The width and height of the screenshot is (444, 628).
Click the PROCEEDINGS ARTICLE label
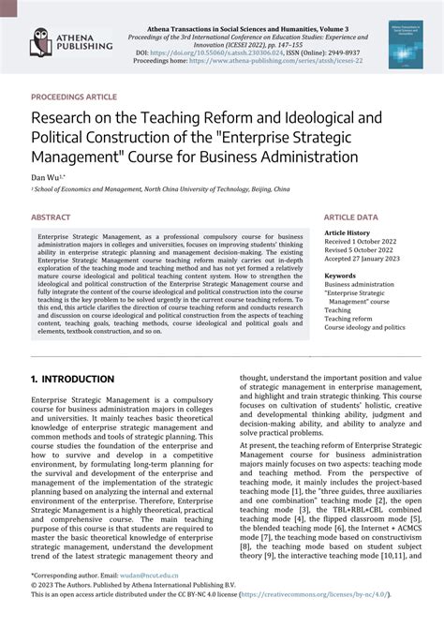click(x=74, y=97)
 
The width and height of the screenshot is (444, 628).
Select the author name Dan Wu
click(x=46, y=175)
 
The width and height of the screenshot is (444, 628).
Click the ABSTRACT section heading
click(x=51, y=217)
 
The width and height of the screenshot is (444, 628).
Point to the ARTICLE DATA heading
click(x=351, y=217)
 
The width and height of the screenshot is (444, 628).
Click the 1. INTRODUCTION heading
click(x=72, y=380)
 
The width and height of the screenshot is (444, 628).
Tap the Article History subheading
click(x=347, y=232)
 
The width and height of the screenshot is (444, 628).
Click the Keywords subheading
click(x=340, y=277)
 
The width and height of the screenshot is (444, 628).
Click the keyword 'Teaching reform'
click(x=348, y=319)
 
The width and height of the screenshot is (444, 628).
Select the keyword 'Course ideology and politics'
click(x=364, y=328)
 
